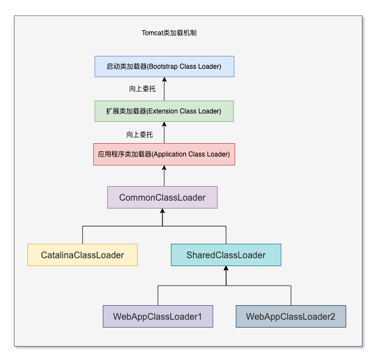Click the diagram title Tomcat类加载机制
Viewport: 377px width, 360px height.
pyautogui.click(x=169, y=33)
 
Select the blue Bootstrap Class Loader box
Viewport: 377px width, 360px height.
pyautogui.click(x=164, y=67)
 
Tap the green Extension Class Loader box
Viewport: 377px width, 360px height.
pyautogui.click(x=164, y=111)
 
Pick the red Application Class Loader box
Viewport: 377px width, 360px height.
pyautogui.click(x=164, y=154)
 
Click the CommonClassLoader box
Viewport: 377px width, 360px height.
pyautogui.click(x=163, y=197)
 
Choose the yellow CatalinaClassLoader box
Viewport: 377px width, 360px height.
pyautogui.click(x=83, y=255)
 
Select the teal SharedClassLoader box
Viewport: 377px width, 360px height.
pyautogui.click(x=226, y=255)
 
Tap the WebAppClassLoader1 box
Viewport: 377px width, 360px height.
pyautogui.click(x=158, y=316)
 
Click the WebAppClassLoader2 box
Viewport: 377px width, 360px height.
pyautogui.click(x=291, y=316)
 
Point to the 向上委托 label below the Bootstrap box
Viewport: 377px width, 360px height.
pyautogui.click(x=142, y=89)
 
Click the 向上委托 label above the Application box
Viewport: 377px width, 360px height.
pyautogui.click(x=140, y=135)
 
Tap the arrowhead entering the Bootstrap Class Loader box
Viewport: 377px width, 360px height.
pyautogui.click(x=164, y=79)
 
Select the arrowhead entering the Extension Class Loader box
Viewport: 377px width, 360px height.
pyautogui.click(x=164, y=124)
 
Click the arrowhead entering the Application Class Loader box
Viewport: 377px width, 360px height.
pyautogui.click(x=164, y=168)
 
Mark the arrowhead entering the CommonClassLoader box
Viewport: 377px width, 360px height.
pyautogui.click(x=163, y=211)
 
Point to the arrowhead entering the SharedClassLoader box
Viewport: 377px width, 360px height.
pyautogui.click(x=226, y=268)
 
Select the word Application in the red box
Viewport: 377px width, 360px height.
pyautogui.click(x=170, y=154)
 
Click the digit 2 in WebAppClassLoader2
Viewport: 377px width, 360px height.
pyautogui.click(x=332, y=316)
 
